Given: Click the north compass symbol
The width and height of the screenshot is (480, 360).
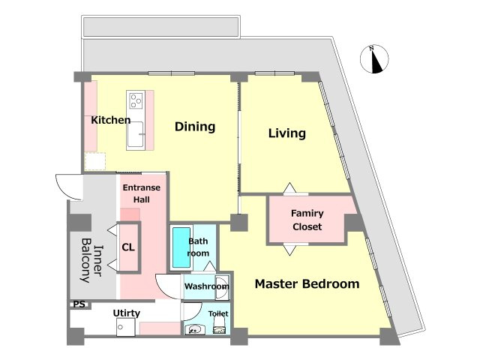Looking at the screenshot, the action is [x=374, y=59].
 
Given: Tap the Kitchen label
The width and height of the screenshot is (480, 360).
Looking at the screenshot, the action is [x=111, y=120].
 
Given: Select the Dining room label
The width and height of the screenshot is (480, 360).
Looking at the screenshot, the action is [x=195, y=127].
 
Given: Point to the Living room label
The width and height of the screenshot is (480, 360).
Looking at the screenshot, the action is [x=287, y=133].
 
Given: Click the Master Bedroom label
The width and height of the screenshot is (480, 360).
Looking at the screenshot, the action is [x=307, y=283].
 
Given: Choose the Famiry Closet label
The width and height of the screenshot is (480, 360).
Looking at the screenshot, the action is [x=307, y=220].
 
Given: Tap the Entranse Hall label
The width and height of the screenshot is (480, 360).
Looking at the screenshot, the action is [x=142, y=193].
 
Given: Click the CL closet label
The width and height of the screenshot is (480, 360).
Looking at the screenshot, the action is [x=128, y=247].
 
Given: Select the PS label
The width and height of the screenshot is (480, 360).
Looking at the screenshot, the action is [x=79, y=304].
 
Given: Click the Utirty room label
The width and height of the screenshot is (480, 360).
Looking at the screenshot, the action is [x=127, y=313].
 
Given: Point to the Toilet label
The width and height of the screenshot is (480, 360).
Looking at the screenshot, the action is [x=218, y=313].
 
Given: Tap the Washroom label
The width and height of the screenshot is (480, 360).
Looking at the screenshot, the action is [x=207, y=286].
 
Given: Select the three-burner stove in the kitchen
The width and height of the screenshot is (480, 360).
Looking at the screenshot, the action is [x=136, y=100].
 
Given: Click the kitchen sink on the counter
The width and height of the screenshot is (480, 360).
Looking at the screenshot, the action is [x=136, y=134].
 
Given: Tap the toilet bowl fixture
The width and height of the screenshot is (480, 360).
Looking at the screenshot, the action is [x=219, y=325].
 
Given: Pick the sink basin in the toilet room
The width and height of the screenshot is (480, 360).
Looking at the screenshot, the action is [x=193, y=330].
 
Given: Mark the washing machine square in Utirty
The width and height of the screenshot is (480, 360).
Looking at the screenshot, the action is [x=126, y=327].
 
